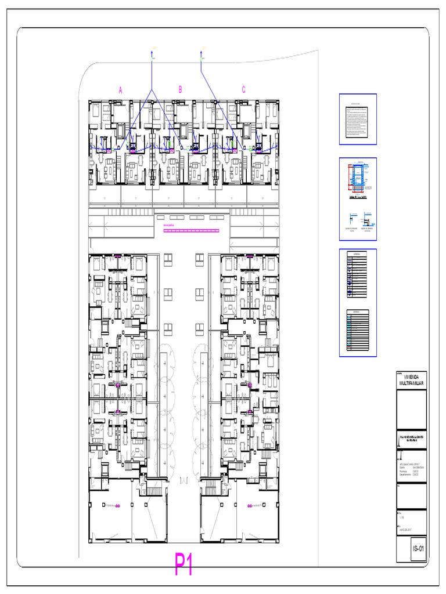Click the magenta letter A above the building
[x=121, y=90]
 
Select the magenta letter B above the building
[x=180, y=89]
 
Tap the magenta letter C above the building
[x=244, y=89]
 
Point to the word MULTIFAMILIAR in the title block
[x=411, y=384]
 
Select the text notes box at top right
[x=358, y=119]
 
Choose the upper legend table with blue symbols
[x=358, y=274]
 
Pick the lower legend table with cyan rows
[x=358, y=332]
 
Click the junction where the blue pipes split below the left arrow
[x=152, y=91]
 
